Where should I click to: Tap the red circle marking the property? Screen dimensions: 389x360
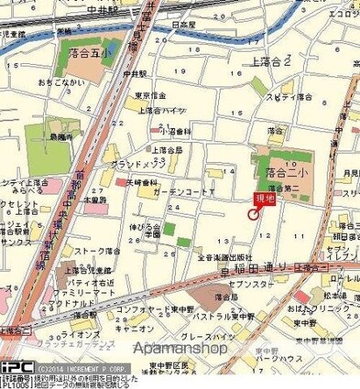[254, 214]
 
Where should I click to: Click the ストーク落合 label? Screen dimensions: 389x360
[98, 249]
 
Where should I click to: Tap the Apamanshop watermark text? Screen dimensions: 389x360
[180, 349]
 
